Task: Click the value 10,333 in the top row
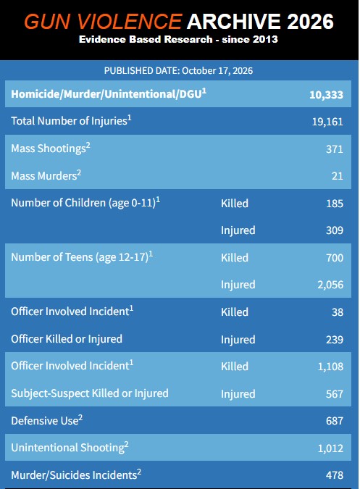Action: [x=326, y=95]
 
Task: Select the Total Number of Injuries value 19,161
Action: [x=327, y=122]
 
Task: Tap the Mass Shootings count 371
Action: [x=335, y=149]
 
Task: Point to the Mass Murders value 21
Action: [x=338, y=176]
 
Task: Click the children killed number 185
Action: [x=335, y=204]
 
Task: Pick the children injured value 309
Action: [x=335, y=230]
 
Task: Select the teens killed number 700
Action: [x=335, y=258]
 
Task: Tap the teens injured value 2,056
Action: [x=330, y=285]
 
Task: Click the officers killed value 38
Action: [x=338, y=312]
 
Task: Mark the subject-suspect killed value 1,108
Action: [x=330, y=367]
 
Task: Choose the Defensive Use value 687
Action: [x=335, y=421]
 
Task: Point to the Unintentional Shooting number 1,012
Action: [x=330, y=448]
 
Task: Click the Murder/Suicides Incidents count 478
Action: [x=335, y=475]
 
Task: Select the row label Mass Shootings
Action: [x=49, y=149]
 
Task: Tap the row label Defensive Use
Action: [x=45, y=421]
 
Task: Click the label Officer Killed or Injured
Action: [x=67, y=339]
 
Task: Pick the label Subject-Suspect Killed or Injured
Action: [x=90, y=393]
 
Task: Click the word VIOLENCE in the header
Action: [x=129, y=22]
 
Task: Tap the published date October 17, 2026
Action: [x=217, y=71]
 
